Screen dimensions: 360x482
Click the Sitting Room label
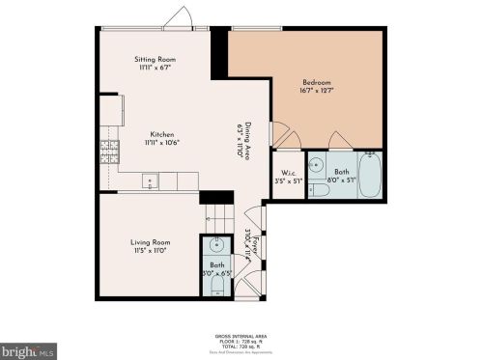click(154, 60)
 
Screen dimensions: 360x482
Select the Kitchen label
click(162, 133)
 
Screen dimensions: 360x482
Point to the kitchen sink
click(150, 180)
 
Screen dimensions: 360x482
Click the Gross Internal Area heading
click(240, 336)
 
